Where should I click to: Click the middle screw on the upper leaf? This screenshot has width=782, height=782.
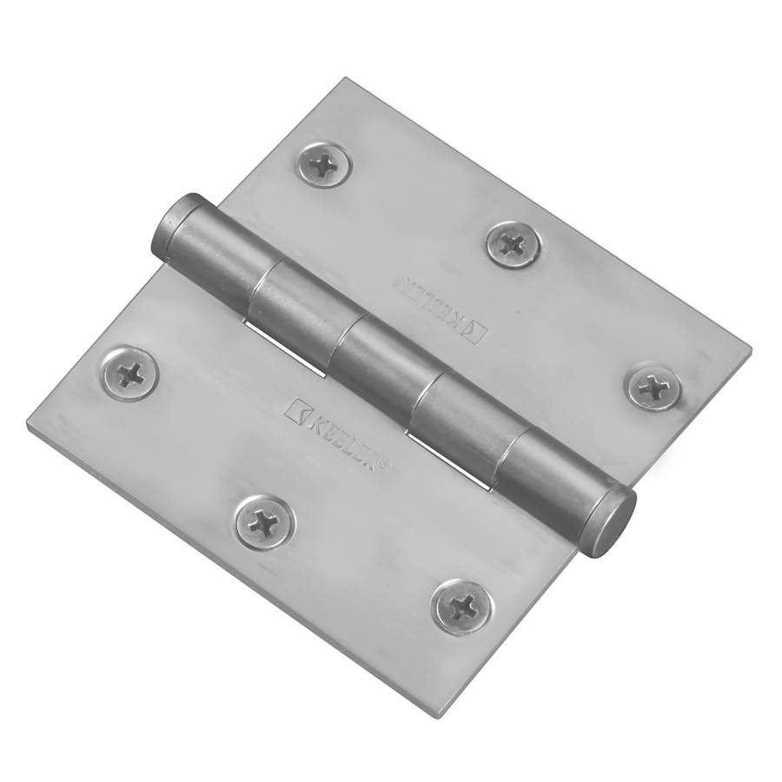click(514, 244)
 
